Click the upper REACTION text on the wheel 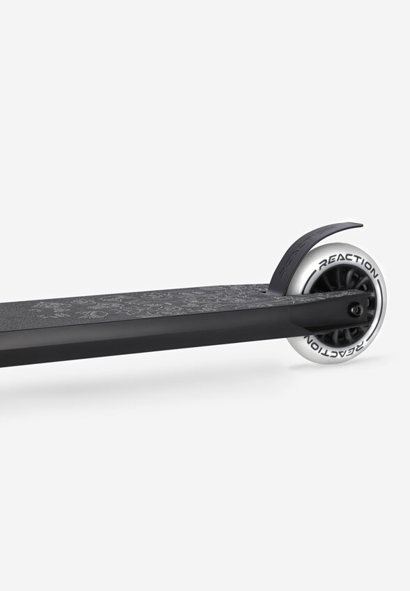pyautogui.click(x=347, y=265)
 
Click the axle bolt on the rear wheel pyautogui.click(x=356, y=309)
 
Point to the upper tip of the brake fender pyautogui.click(x=361, y=225)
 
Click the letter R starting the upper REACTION pyautogui.click(x=323, y=265)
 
